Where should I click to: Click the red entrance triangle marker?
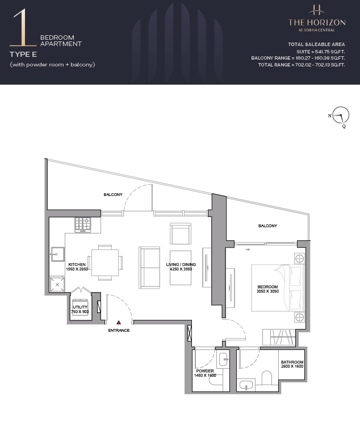(x=119, y=323)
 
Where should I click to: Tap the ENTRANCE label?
(x=119, y=330)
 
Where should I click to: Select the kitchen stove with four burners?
(x=83, y=225)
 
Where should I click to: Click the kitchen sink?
(x=58, y=254)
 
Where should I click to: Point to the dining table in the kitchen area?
(x=105, y=262)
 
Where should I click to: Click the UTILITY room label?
(x=80, y=307)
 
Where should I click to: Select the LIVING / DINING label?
(x=181, y=264)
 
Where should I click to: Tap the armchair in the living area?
(x=181, y=234)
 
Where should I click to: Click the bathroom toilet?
(x=267, y=378)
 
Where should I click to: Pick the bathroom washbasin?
(x=246, y=386)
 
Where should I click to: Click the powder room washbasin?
(x=224, y=359)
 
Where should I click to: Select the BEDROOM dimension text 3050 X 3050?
(x=267, y=291)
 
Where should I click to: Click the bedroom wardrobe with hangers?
(x=279, y=337)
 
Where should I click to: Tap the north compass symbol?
(x=340, y=116)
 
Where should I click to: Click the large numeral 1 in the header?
(x=23, y=27)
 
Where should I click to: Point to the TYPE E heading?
(x=23, y=55)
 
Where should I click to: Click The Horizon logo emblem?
(x=317, y=10)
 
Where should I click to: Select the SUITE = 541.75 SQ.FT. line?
(x=321, y=52)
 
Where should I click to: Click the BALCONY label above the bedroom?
(x=267, y=226)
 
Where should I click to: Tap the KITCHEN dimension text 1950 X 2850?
(x=77, y=269)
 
